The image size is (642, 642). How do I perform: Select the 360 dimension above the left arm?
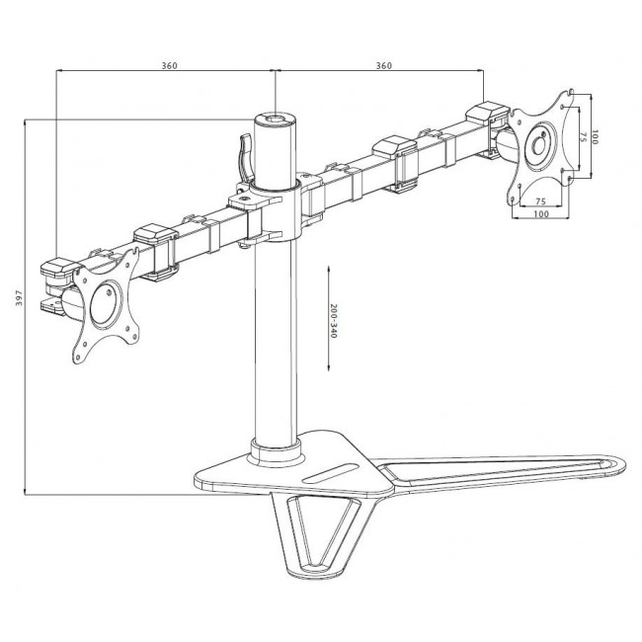point(168,65)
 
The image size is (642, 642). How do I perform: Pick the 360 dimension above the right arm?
point(384,65)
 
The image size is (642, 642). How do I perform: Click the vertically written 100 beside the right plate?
point(596,135)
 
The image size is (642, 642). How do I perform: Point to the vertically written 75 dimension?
point(583,137)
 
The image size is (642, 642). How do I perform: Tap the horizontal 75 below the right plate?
point(540,201)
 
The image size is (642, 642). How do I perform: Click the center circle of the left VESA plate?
point(102,303)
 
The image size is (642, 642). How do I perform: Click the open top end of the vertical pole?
point(273,119)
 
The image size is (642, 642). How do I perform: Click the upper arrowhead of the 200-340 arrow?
point(326,268)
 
